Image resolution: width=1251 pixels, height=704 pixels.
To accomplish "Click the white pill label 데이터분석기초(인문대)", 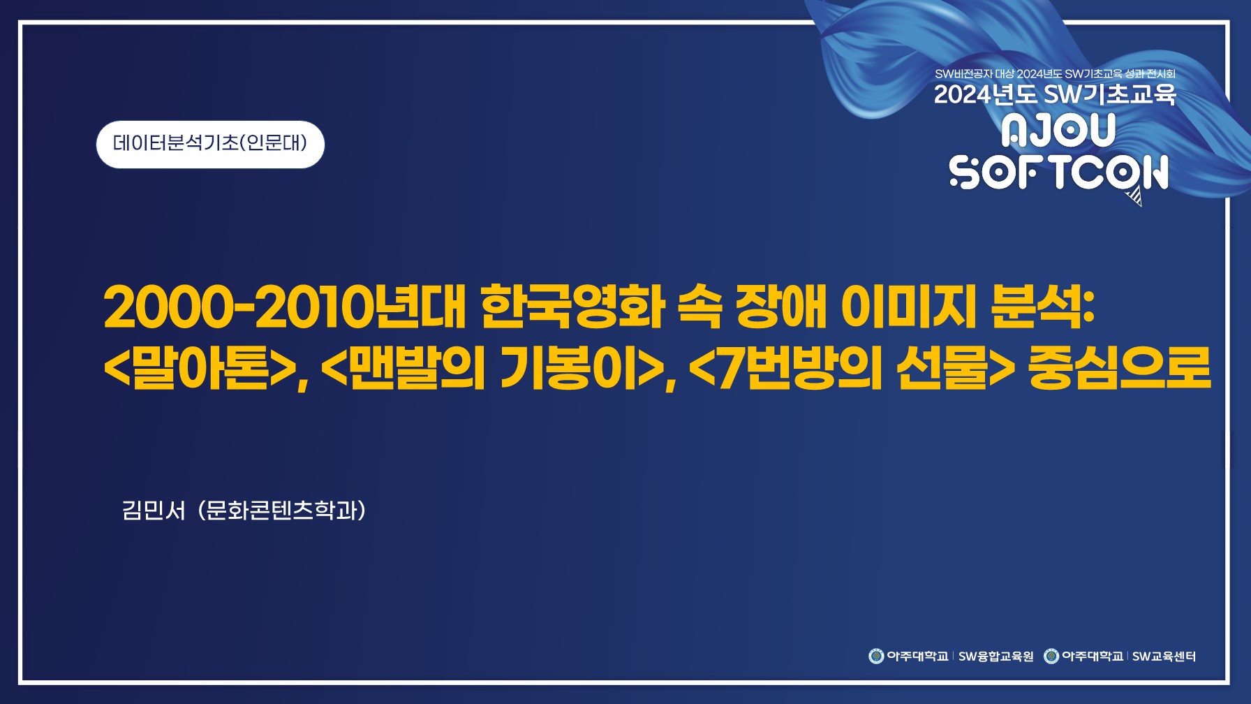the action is [x=210, y=144].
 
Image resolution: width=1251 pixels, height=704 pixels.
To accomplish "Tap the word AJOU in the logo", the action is [x=1058, y=131].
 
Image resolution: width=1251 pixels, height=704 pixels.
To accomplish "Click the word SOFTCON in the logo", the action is [x=1058, y=173].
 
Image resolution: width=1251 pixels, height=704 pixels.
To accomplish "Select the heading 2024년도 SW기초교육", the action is [x=1055, y=94].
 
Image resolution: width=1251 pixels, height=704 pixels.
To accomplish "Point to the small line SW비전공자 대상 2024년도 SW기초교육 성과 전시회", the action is [x=1055, y=73].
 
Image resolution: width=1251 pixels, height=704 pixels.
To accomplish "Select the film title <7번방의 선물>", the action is [x=852, y=368].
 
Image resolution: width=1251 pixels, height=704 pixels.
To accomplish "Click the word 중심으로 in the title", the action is [x=1119, y=368].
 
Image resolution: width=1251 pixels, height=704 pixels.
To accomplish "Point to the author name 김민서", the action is [x=154, y=511].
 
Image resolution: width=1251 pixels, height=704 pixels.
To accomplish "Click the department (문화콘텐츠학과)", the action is [x=282, y=511].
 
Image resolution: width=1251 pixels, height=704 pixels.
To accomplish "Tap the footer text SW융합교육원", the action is [x=995, y=657].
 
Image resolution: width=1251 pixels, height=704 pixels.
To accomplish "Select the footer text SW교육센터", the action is [x=1164, y=657].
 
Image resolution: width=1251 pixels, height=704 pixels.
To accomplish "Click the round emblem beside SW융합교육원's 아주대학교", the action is [x=876, y=656].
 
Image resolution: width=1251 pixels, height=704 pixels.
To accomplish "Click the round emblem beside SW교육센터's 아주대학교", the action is [x=1051, y=656].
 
